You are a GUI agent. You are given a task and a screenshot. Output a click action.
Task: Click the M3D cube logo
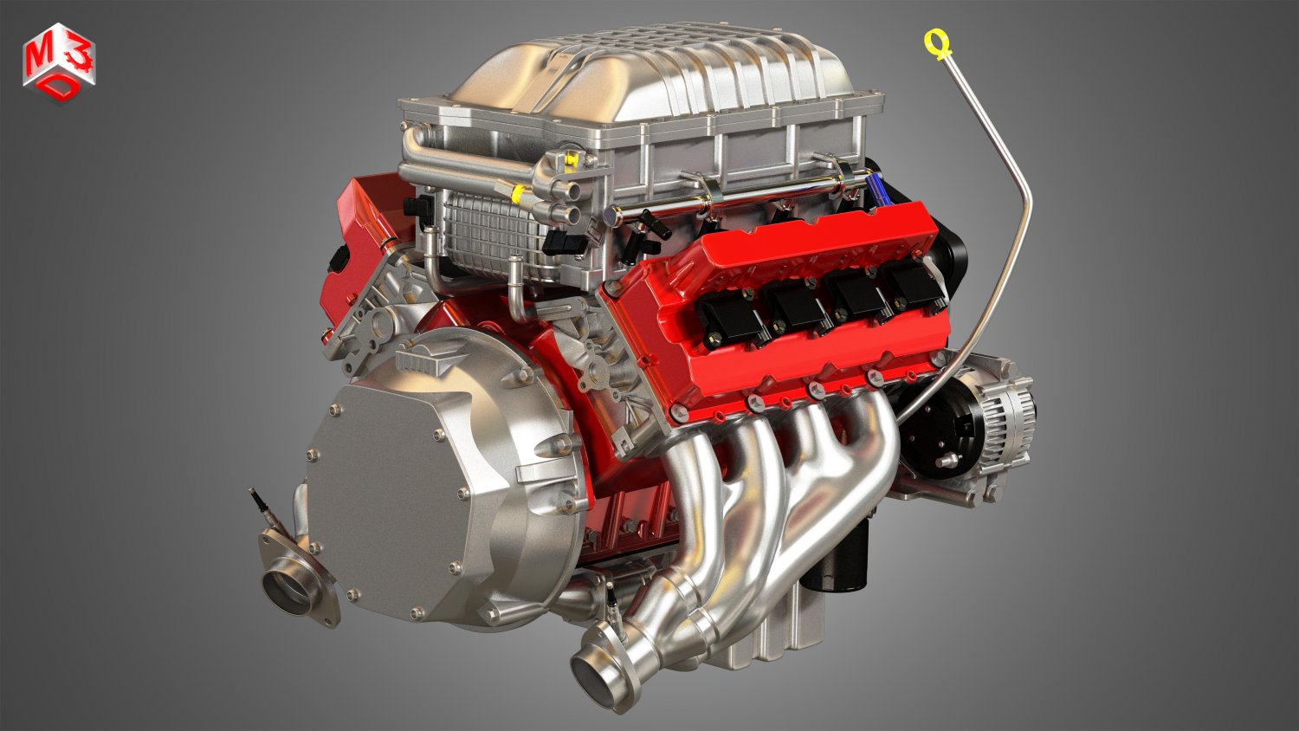click(59, 63)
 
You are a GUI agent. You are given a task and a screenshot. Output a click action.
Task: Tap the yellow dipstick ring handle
click(935, 40)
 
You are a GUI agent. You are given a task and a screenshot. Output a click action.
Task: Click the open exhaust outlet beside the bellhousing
click(288, 589)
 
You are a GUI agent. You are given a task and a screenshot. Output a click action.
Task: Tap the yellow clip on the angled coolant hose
click(518, 192)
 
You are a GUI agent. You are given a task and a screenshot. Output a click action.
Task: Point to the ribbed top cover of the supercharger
click(658, 78)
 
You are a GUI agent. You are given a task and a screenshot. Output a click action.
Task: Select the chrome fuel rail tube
click(736, 203)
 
